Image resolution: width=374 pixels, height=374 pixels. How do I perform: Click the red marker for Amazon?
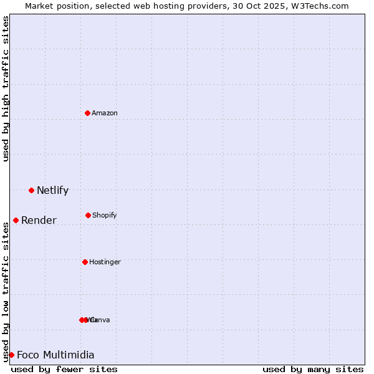coord(87,113)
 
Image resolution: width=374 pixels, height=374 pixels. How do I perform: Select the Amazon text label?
coord(105,113)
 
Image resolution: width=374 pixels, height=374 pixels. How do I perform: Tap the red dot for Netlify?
coord(31,190)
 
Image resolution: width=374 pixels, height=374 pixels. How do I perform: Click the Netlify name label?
coord(52,191)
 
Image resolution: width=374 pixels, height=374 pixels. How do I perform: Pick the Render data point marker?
coord(16,220)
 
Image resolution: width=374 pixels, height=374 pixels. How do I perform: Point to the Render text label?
coord(39,221)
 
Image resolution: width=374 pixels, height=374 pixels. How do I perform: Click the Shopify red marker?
coord(88,215)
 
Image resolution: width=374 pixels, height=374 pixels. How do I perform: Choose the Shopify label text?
coord(105,215)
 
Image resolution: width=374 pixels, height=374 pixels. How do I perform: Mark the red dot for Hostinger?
coord(85,262)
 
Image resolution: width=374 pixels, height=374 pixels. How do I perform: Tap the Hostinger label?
coord(105,262)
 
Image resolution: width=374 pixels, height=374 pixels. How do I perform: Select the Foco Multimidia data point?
coord(11,355)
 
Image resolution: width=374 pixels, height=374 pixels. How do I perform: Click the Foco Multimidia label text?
coord(55,355)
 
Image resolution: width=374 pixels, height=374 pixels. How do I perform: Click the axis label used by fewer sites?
coord(64,369)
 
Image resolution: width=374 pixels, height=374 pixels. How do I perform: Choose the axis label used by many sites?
coord(313,369)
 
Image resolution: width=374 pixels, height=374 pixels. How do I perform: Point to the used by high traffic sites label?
coord(6,89)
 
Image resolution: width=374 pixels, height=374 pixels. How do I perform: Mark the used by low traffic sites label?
coord(6,292)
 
